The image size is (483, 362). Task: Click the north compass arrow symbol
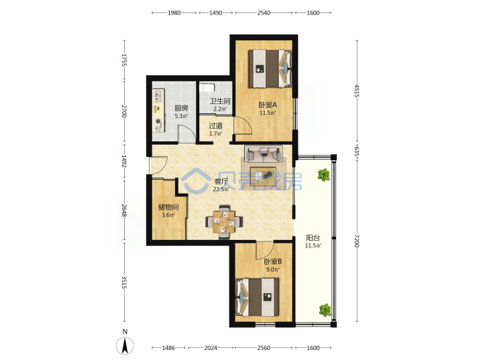125,345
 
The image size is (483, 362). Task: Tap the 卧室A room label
268,105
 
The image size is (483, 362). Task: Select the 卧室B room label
273,261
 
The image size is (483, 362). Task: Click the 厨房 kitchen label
181,108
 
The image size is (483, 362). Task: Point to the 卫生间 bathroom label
220,101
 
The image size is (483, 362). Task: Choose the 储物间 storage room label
168,207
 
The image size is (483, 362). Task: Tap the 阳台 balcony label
313,237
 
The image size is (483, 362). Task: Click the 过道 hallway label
215,125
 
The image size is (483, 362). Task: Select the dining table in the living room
224,222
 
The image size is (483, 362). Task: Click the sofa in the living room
264,154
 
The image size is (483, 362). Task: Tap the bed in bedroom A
270,68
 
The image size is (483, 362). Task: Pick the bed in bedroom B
257,297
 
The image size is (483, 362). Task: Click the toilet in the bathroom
207,87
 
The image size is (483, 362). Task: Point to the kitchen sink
158,95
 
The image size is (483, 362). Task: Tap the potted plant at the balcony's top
324,175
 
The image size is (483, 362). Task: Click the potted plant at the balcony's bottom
325,310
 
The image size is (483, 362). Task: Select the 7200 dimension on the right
357,241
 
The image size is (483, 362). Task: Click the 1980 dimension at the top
174,13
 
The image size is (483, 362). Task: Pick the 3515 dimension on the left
124,282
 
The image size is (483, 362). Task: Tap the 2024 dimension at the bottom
211,348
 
